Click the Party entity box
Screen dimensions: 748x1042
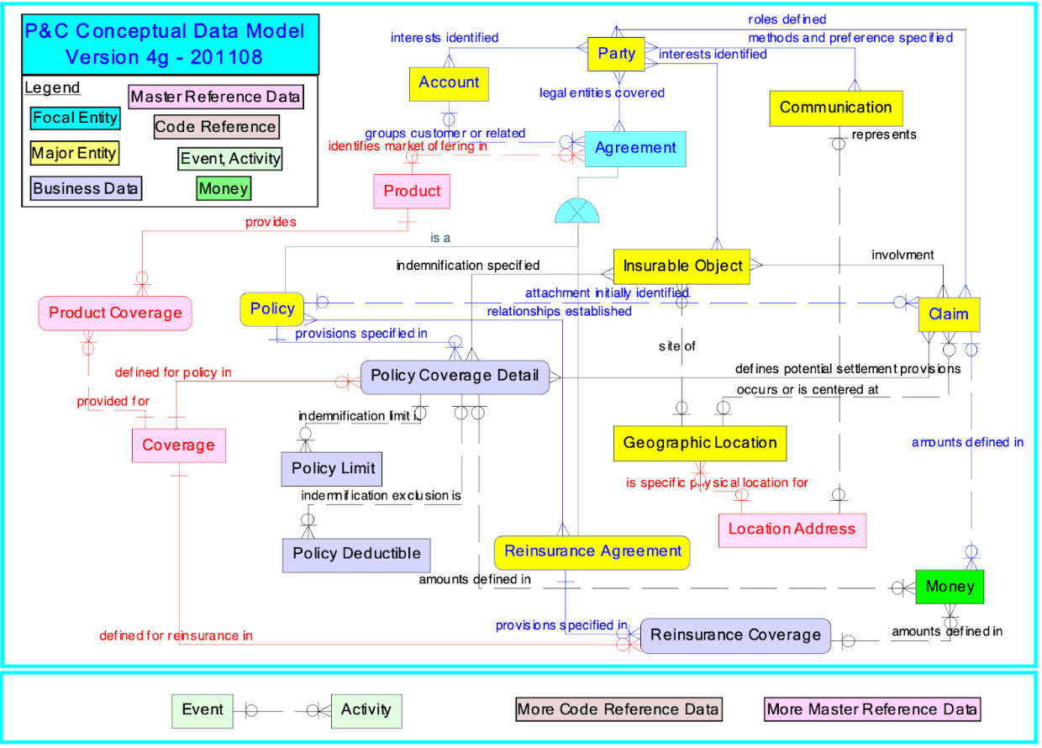(616, 55)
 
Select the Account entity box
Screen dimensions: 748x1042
(449, 83)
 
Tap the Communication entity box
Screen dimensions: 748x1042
(835, 108)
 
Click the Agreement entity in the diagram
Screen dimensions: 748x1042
(634, 149)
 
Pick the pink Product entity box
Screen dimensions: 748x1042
(412, 192)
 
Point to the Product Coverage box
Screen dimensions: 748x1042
(115, 313)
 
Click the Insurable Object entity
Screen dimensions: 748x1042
(682, 266)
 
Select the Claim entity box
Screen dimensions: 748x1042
(948, 314)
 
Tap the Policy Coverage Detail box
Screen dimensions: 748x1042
(455, 376)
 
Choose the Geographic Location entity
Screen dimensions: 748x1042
(700, 443)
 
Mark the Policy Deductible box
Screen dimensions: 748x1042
(356, 554)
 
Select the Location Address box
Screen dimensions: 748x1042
(792, 529)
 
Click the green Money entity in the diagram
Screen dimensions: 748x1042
(950, 587)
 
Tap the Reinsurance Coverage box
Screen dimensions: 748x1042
(735, 635)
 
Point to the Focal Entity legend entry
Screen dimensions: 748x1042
(75, 118)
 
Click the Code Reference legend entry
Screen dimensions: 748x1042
(215, 127)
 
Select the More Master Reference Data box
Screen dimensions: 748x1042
(872, 709)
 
